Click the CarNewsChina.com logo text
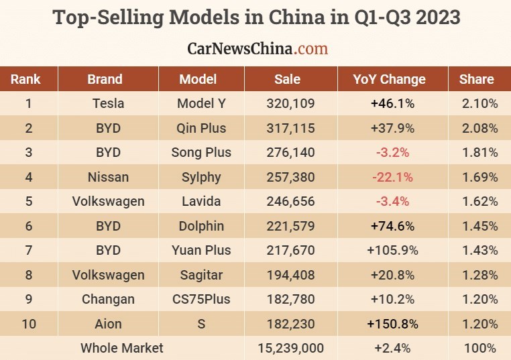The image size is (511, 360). [x=258, y=49]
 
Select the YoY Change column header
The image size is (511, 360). [x=389, y=79]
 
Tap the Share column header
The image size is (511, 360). [x=476, y=79]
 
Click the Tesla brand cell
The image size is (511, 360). [x=108, y=103]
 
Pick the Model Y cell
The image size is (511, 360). [x=201, y=103]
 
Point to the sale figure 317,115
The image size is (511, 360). [x=290, y=128]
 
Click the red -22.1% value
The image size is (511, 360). [x=392, y=177]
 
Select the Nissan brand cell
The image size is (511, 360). [x=108, y=177]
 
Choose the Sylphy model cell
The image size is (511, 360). [x=201, y=177]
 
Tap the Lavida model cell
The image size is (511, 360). [x=201, y=201]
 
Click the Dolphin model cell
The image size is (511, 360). [x=201, y=226]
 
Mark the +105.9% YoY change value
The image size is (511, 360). [x=392, y=250]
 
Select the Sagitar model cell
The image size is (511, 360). [x=201, y=275]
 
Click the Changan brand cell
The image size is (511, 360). [x=108, y=299]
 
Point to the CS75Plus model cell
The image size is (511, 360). [x=201, y=299]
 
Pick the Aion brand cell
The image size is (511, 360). [x=108, y=324]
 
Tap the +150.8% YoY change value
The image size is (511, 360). [x=392, y=324]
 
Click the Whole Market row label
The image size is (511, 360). [x=121, y=348]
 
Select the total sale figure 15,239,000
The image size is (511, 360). [x=290, y=348]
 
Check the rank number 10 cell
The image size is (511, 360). [x=28, y=324]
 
